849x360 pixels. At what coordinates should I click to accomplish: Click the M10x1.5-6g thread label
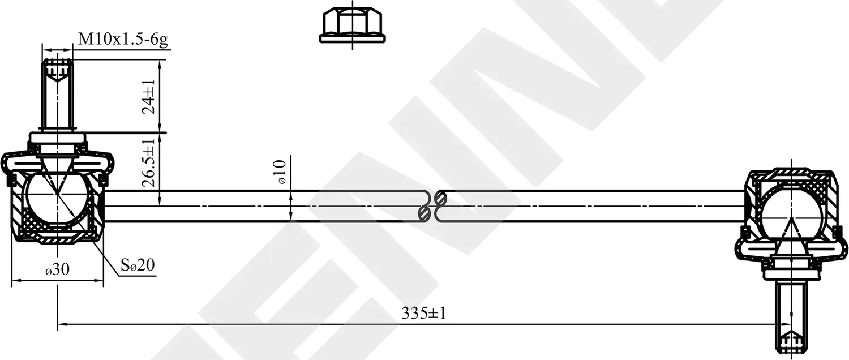pos(123,40)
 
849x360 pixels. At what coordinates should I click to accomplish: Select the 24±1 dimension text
pos(149,97)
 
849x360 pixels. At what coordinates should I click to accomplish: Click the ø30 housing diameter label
pos(57,270)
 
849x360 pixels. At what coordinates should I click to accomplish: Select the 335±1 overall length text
pos(424,312)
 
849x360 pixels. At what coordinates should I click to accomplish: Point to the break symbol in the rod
pos(433,206)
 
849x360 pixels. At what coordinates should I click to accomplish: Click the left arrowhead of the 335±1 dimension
pos(62,324)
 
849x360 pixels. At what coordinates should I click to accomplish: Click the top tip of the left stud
pos(58,61)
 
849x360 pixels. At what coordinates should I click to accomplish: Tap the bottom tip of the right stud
pos(791,351)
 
